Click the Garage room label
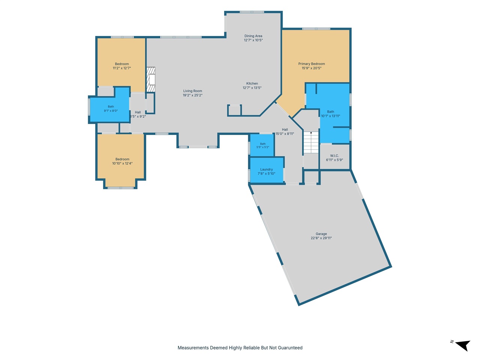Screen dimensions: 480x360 point(321,234)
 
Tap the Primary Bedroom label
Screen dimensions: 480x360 point(311,64)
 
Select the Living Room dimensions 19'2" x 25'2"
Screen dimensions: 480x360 point(192,95)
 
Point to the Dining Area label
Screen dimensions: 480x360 point(253,36)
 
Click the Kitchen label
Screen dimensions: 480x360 point(252,84)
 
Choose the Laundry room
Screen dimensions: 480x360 point(267,170)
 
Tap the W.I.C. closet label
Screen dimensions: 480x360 point(334,156)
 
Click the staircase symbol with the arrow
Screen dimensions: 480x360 point(311,142)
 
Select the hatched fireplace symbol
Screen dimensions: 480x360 point(151,79)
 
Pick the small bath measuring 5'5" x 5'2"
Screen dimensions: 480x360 point(262,145)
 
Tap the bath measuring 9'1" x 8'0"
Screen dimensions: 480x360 point(110,109)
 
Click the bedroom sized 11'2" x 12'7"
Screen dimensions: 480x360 point(121,65)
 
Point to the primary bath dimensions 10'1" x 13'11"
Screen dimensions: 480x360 point(330,116)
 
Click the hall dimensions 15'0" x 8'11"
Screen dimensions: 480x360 point(285,134)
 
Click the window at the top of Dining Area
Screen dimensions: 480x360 point(252,12)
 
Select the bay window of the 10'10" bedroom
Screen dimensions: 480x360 point(120,188)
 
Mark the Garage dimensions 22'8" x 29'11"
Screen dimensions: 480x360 point(321,238)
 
